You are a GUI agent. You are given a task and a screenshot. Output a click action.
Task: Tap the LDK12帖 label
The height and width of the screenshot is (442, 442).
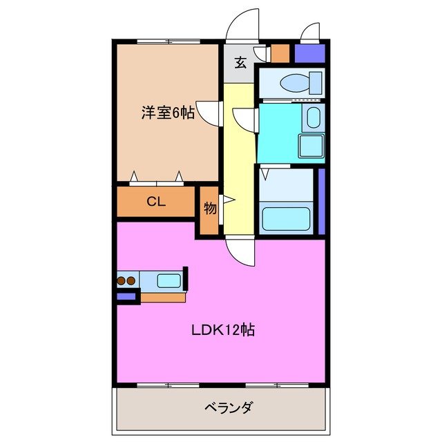click(x=223, y=329)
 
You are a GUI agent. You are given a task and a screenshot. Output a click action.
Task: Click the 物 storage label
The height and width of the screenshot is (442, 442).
click(x=209, y=207)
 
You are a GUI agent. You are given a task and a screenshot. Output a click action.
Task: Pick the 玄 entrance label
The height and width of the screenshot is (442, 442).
click(x=240, y=64)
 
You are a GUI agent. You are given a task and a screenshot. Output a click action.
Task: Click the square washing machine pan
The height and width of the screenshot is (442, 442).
click(x=311, y=147)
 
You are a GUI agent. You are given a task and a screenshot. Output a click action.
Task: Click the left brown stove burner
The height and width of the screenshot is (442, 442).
click(x=122, y=281)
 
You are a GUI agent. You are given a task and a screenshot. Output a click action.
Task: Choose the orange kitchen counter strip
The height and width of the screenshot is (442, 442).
click(x=163, y=298)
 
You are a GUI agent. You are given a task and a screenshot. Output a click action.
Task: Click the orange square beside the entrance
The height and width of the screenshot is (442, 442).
click(x=280, y=52)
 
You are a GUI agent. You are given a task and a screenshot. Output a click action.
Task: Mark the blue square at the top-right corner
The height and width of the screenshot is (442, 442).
click(x=309, y=52)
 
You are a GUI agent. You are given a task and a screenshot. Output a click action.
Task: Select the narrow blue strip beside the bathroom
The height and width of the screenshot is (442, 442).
click(x=321, y=201)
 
